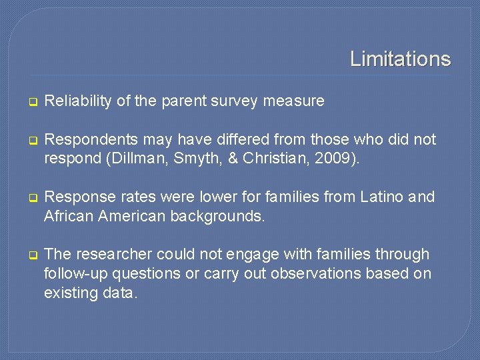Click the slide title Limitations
click(x=400, y=59)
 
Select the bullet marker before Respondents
click(x=31, y=141)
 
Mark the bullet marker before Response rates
click(x=31, y=198)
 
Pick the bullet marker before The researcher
click(x=31, y=255)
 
